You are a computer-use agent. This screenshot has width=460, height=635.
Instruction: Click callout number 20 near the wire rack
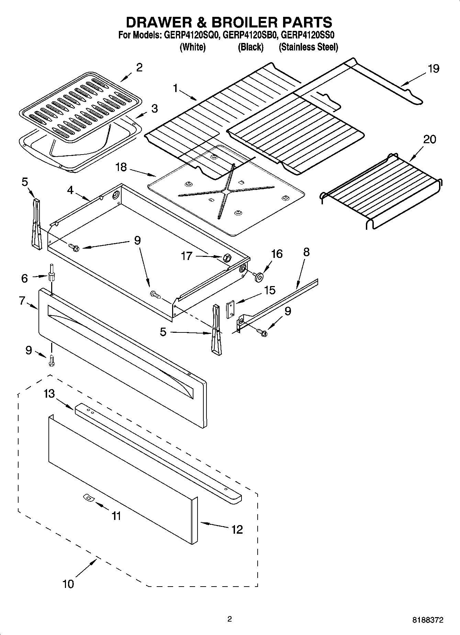click(429, 139)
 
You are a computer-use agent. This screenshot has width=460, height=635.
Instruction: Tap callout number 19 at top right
click(434, 69)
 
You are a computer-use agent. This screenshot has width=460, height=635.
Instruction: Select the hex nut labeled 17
click(226, 257)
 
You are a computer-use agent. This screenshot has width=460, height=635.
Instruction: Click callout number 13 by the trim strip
click(49, 394)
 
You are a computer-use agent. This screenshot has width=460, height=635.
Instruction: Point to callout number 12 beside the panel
click(237, 529)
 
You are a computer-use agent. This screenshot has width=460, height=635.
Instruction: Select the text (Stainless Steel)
click(308, 47)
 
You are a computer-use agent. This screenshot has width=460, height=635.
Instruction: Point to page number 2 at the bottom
click(229, 619)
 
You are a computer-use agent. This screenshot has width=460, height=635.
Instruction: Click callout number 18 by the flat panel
click(121, 167)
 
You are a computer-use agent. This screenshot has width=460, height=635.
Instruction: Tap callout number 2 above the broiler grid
click(139, 67)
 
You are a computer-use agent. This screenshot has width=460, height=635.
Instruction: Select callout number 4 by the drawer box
click(70, 190)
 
